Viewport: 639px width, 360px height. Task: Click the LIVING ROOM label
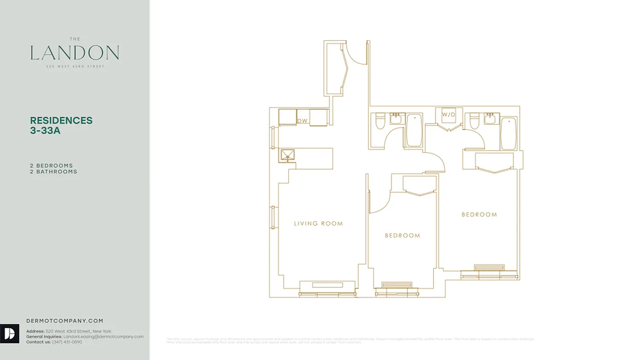(x=318, y=224)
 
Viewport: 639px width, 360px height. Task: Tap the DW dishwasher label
(x=302, y=121)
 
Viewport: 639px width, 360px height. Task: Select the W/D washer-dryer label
(x=448, y=115)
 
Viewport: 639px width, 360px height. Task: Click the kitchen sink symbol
(x=286, y=156)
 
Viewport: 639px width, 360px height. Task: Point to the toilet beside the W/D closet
(x=473, y=121)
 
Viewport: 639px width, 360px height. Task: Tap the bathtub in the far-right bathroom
(x=508, y=133)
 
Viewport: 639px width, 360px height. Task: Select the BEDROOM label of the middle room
(x=402, y=235)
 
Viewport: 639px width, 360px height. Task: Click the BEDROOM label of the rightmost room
(x=479, y=215)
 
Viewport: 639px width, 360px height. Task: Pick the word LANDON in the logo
(x=75, y=53)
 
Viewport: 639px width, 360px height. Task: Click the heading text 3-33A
(x=45, y=131)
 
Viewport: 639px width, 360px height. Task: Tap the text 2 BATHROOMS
(x=54, y=171)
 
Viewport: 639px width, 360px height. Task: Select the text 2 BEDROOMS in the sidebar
(x=51, y=166)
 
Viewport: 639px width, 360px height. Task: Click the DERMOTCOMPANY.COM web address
(x=65, y=321)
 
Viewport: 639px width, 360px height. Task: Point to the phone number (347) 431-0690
(x=67, y=342)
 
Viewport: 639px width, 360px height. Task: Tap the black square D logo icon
(x=9, y=334)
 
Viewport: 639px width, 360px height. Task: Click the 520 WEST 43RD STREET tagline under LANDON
(x=75, y=67)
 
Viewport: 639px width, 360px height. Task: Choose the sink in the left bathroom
(x=396, y=119)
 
